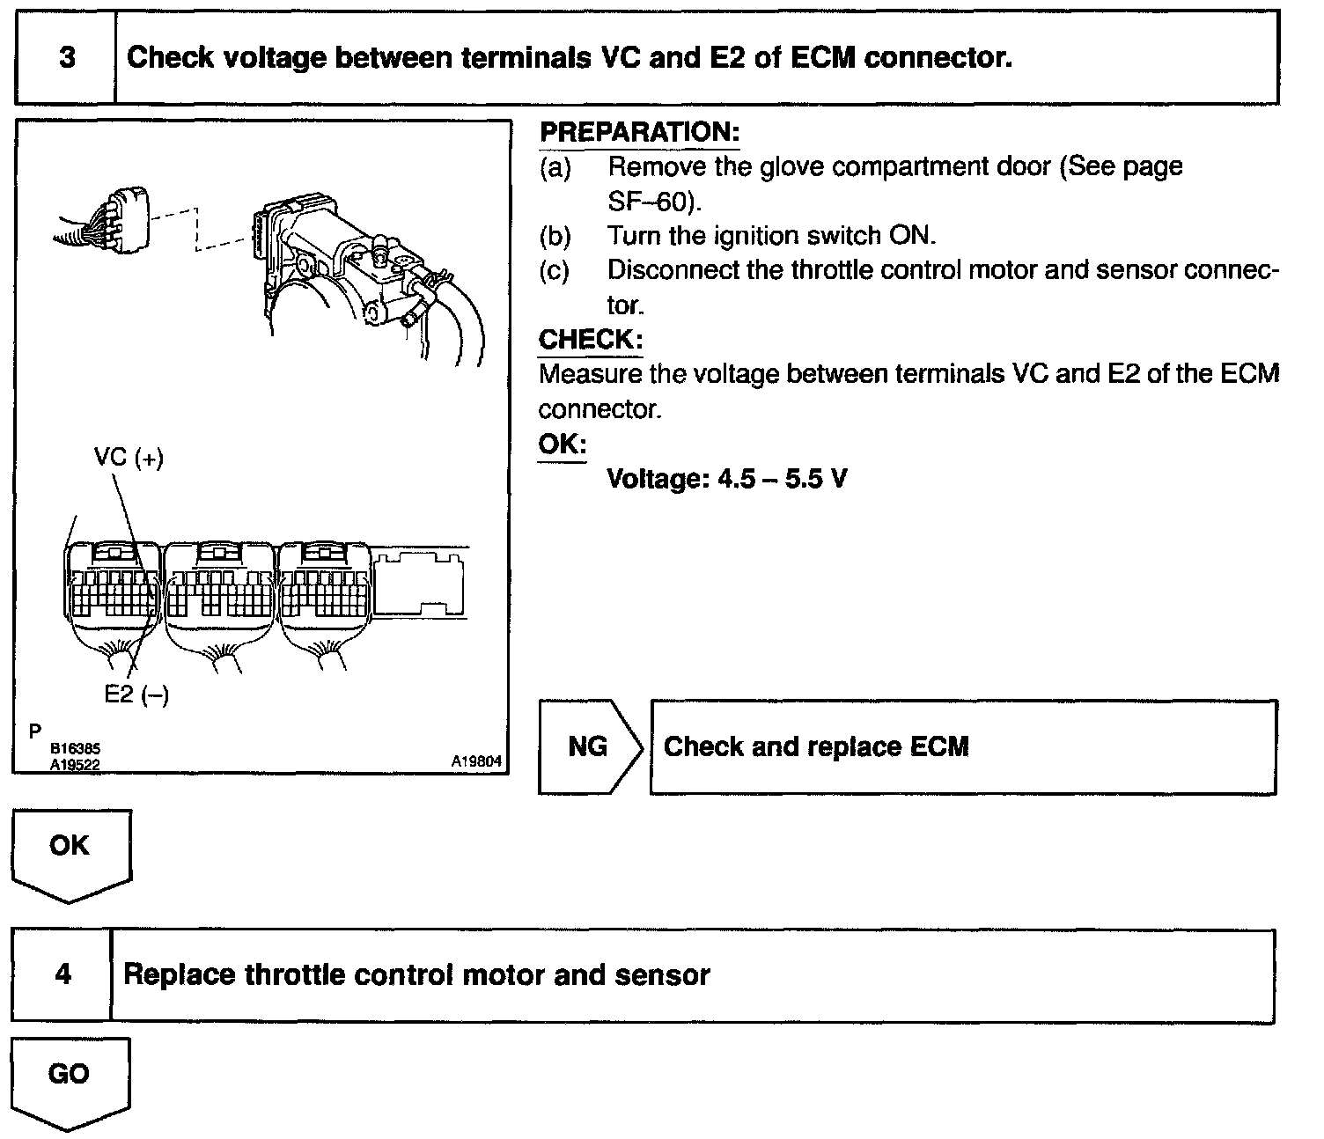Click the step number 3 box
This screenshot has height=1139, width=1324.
pos(66,58)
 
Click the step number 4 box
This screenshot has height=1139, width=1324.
pos(63,975)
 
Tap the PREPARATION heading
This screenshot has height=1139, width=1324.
pos(639,133)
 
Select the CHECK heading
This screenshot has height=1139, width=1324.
pos(590,340)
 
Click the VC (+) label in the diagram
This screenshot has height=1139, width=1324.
pos(129,458)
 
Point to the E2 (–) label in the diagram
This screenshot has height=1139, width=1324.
pos(136,694)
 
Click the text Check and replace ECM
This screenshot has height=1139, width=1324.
pos(816,747)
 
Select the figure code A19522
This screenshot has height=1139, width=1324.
pos(75,765)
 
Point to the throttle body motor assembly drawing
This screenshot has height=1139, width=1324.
pos(352,255)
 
